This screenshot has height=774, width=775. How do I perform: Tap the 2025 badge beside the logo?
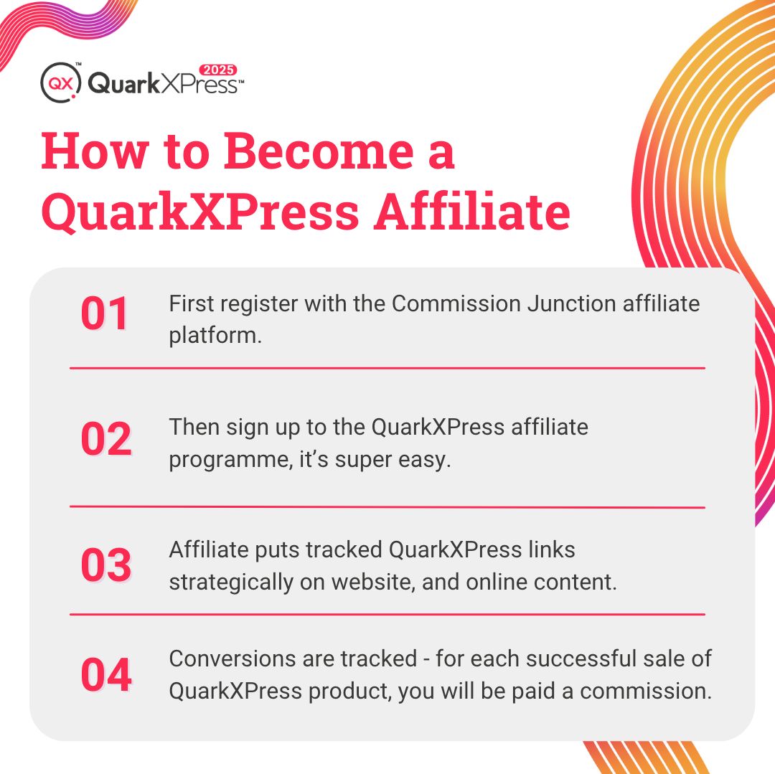coord(217,70)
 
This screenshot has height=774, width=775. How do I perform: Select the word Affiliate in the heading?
coord(471,212)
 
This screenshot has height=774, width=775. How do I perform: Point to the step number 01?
coord(105,314)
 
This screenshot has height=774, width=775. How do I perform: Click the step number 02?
coord(105,439)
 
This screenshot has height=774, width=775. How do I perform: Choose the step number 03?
coord(105,565)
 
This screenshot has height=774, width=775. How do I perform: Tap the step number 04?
coord(105,675)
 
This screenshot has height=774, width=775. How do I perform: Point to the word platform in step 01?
coord(213,335)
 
